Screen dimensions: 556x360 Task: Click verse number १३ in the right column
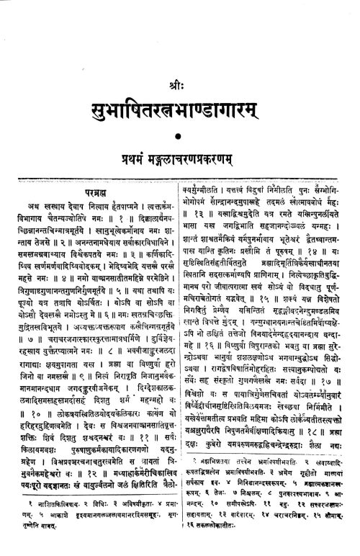point(203,254)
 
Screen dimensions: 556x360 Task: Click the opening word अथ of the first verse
point(32,226)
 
